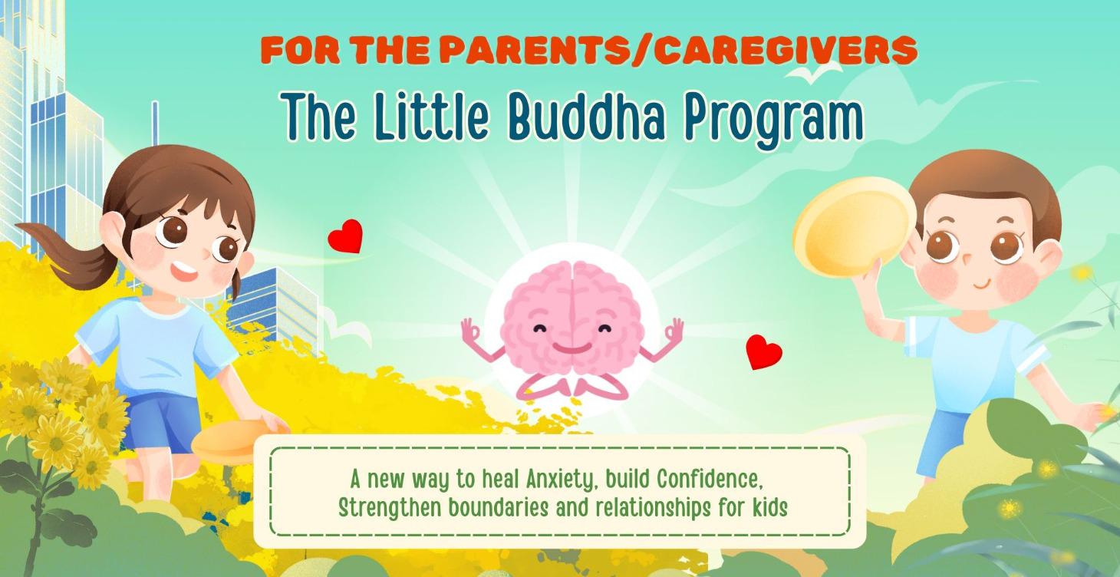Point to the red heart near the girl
[345, 236]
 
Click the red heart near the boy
[763, 351]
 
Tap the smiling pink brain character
[572, 318]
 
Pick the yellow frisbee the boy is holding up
[854, 227]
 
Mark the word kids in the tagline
[769, 507]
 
